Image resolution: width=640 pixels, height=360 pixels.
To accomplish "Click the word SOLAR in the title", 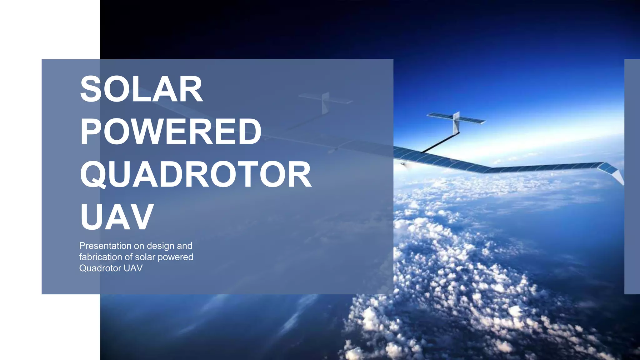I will (141, 89).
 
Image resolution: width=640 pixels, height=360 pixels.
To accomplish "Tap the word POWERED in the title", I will (171, 132).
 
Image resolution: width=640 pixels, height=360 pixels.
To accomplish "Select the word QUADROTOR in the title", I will (196, 174).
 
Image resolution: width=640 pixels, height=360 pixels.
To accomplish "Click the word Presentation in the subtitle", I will (105, 246).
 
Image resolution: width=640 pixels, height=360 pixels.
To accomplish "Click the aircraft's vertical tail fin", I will (457, 122).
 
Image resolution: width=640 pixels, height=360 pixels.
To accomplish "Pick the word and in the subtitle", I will (184, 246).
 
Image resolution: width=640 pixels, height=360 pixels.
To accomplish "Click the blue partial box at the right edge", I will (632, 177).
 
